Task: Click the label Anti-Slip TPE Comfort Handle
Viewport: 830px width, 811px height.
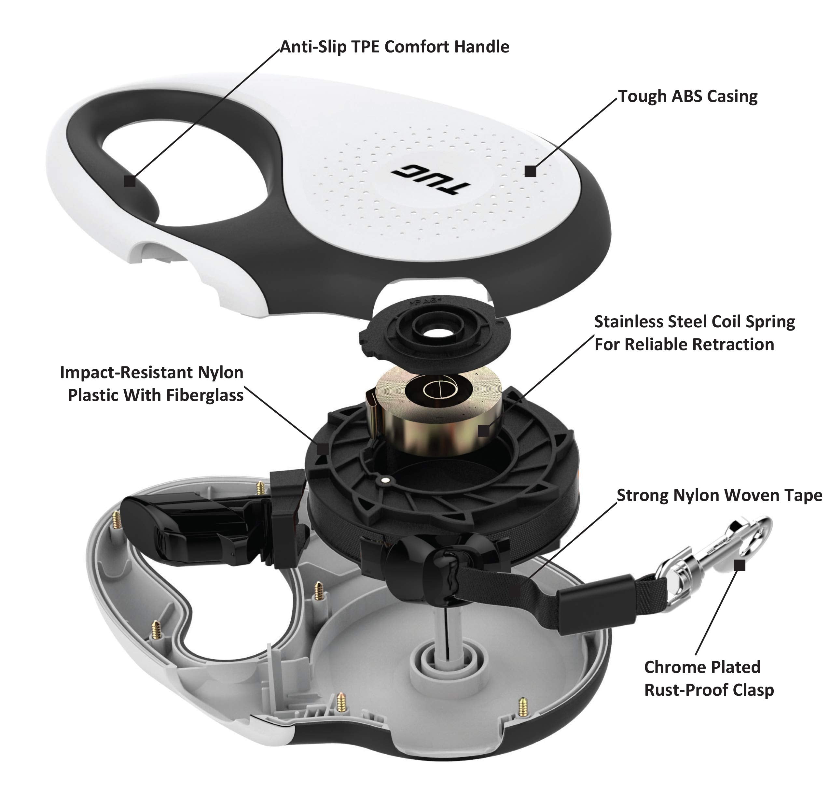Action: pyautogui.click(x=394, y=47)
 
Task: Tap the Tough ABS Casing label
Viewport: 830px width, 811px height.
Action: pyautogui.click(x=687, y=96)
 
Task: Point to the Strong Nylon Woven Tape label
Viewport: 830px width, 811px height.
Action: pyautogui.click(x=719, y=495)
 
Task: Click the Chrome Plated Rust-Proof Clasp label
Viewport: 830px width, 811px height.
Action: pyautogui.click(x=708, y=678)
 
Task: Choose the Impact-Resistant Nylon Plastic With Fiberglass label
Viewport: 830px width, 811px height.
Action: pyautogui.click(x=152, y=384)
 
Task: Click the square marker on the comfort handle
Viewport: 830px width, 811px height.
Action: pyautogui.click(x=130, y=181)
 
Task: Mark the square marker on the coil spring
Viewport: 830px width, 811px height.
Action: pyautogui.click(x=483, y=431)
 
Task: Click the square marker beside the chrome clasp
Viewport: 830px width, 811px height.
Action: pyautogui.click(x=740, y=566)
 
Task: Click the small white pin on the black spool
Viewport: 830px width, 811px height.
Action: pyautogui.click(x=385, y=480)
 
